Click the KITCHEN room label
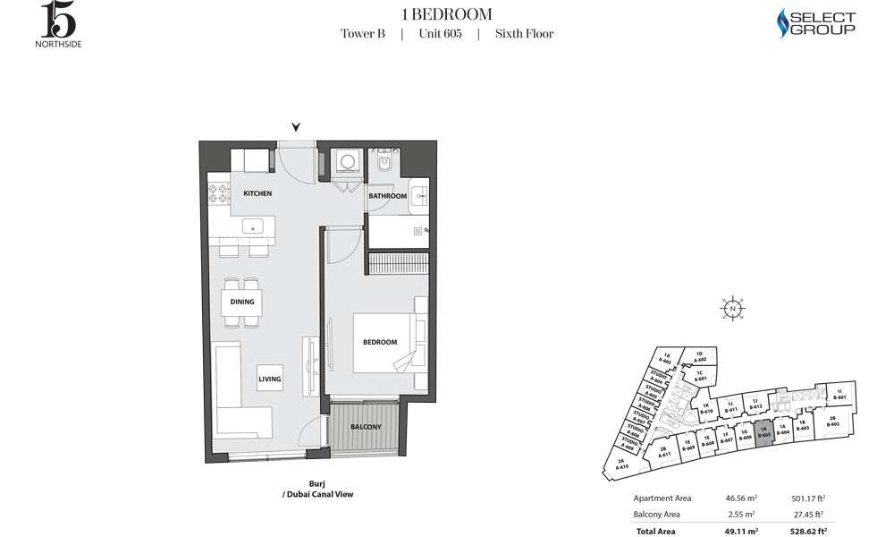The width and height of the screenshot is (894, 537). pyautogui.click(x=257, y=193)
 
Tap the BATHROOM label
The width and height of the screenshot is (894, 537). pyautogui.click(x=388, y=196)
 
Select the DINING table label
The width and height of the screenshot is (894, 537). pyautogui.click(x=242, y=303)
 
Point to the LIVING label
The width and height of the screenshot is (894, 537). pyautogui.click(x=270, y=379)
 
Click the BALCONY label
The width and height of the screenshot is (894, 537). pyautogui.click(x=366, y=427)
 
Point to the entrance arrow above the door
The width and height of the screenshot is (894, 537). pyautogui.click(x=296, y=127)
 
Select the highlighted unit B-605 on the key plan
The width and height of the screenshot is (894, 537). pyautogui.click(x=763, y=434)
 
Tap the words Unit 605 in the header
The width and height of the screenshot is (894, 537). pyautogui.click(x=440, y=34)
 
